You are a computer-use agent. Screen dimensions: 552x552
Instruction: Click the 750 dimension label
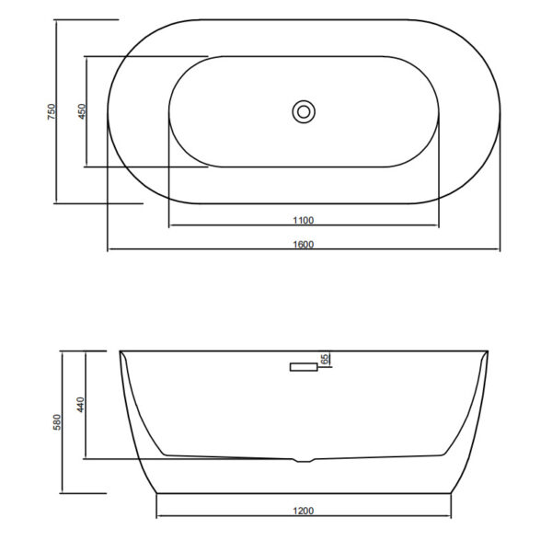[52, 111]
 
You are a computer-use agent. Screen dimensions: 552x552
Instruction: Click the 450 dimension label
[82, 111]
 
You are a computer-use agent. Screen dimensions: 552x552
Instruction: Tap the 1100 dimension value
[304, 221]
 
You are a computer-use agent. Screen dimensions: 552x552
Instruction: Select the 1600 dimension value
[304, 245]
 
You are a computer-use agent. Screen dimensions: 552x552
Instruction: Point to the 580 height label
[57, 421]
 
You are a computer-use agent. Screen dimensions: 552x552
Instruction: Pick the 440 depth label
[81, 405]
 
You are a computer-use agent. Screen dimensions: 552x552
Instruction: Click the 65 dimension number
[325, 359]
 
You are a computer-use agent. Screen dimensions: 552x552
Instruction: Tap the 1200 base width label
[304, 511]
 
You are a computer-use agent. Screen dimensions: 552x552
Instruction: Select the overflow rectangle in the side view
[304, 367]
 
